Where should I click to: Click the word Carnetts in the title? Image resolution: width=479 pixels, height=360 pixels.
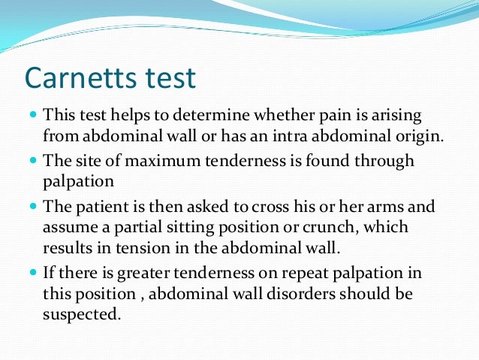click(x=80, y=78)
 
